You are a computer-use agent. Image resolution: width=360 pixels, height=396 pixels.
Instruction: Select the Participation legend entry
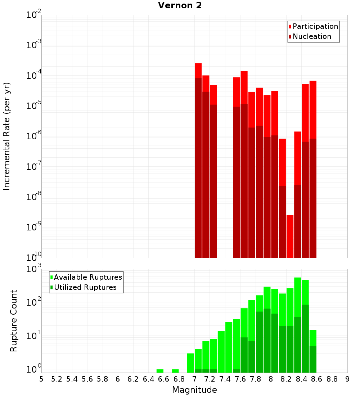click(x=315, y=26)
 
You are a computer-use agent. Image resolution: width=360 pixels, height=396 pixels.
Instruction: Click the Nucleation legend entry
click(x=312, y=36)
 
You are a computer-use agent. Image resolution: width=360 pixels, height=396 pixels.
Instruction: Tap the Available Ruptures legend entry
click(x=88, y=277)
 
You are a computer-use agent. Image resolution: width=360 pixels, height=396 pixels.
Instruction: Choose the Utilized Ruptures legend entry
click(x=85, y=287)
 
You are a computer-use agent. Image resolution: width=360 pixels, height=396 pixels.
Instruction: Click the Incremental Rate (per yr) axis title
click(x=7, y=136)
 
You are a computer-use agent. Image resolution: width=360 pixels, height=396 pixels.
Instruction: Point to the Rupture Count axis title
click(x=14, y=321)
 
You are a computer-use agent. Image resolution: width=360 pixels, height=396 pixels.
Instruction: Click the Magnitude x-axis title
click(x=194, y=390)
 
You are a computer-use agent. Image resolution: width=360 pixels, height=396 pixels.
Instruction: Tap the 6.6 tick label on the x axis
click(x=163, y=379)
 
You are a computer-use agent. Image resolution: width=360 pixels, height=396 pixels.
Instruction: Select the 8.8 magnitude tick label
click(x=332, y=379)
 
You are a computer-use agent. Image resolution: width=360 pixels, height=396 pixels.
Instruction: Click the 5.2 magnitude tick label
click(x=57, y=379)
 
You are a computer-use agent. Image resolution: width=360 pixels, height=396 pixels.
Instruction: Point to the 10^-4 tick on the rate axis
click(x=33, y=76)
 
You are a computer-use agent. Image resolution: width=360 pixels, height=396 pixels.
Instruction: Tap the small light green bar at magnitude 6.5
click(x=160, y=371)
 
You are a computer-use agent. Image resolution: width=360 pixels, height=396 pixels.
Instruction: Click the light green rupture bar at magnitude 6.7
click(x=175, y=371)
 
